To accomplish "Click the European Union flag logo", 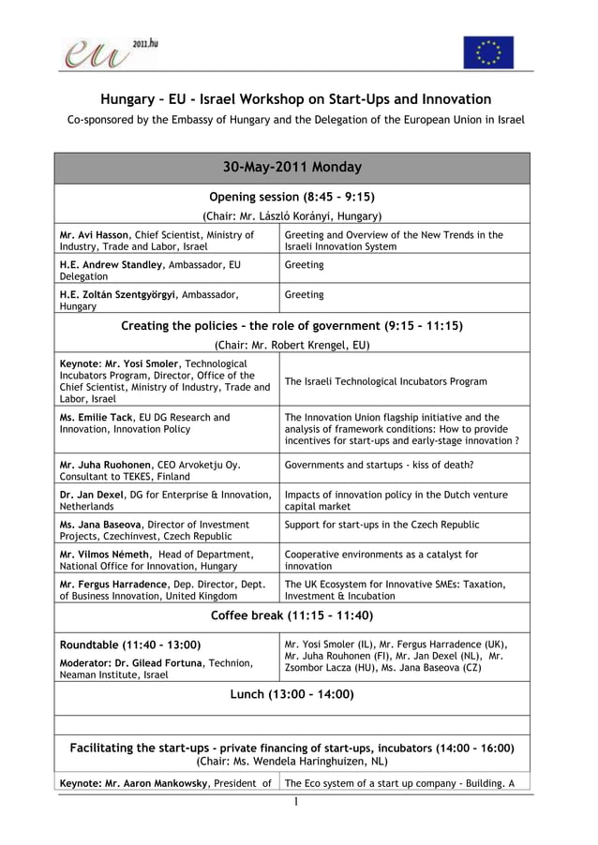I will point(488,52).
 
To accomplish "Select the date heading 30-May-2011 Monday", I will point(292,168).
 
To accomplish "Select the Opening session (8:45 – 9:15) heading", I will point(292,198).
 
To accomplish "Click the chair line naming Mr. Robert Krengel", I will point(292,345).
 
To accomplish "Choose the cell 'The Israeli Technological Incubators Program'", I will point(385,381).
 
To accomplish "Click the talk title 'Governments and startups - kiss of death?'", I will point(379,465).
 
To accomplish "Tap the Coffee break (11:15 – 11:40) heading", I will point(292,615).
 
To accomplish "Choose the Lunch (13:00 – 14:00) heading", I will point(292,694).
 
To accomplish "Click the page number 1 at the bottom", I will point(293,803).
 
